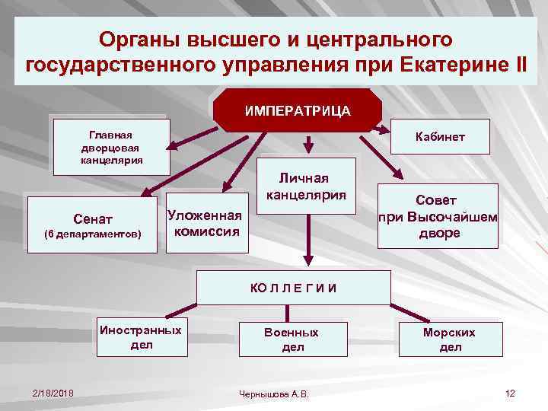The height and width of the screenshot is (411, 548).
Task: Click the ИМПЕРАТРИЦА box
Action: click(x=298, y=110)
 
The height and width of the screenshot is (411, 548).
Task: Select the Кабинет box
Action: click(x=439, y=138)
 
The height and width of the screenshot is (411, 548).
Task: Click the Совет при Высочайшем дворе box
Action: click(x=438, y=216)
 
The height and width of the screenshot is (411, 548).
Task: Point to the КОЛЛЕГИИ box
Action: click(x=294, y=287)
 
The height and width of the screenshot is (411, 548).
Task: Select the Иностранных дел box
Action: click(x=142, y=338)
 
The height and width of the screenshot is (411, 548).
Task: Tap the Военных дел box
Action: click(x=292, y=339)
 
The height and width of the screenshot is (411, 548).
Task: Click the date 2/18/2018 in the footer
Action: click(x=53, y=393)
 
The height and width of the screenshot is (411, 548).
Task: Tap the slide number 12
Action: click(x=510, y=393)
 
